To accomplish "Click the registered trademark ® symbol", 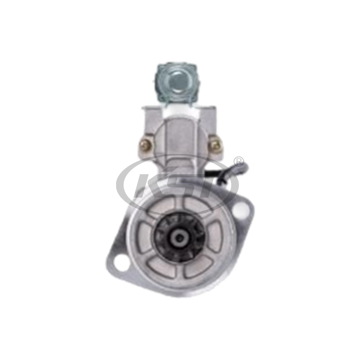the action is (238, 162).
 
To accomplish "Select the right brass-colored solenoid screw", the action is (216, 145).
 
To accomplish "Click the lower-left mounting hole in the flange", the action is (121, 262).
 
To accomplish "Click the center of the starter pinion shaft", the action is (180, 238).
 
